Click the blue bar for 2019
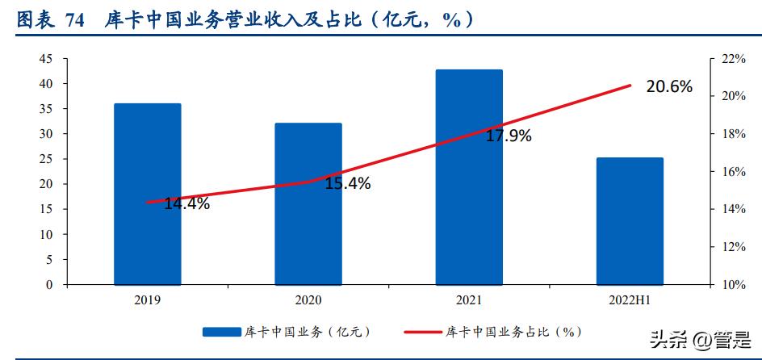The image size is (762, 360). click(x=147, y=194)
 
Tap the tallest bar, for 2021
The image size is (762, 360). click(x=469, y=177)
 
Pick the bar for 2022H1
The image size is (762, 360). click(x=630, y=221)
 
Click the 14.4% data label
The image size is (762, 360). click(x=186, y=203)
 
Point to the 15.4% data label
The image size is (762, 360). click(x=348, y=184)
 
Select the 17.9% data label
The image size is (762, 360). click(x=509, y=136)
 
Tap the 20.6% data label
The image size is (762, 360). click(x=669, y=86)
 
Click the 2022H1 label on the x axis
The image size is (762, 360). click(x=630, y=299)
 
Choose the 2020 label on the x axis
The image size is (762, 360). click(x=308, y=299)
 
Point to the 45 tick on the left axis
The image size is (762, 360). click(x=46, y=59)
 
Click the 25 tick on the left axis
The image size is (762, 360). click(x=46, y=159)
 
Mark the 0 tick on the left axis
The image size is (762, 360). click(x=49, y=285)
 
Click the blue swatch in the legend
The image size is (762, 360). click(x=222, y=332)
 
